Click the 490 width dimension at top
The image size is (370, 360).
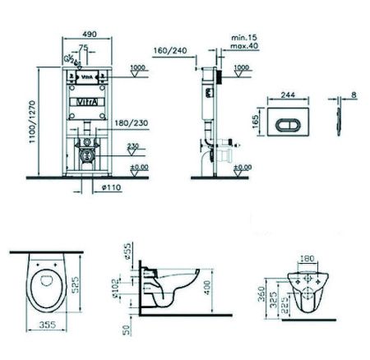tap(90, 35)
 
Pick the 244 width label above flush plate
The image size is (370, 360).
tap(285, 71)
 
